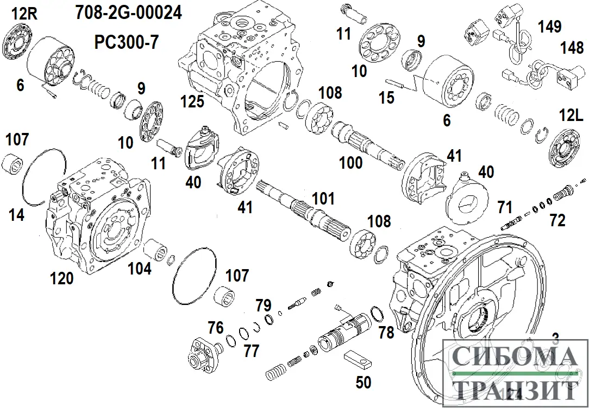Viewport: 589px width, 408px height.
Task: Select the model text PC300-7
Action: click(125, 42)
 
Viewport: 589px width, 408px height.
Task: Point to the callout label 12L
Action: click(571, 115)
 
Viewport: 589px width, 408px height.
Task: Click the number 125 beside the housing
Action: click(193, 101)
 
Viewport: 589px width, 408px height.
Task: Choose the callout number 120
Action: click(61, 279)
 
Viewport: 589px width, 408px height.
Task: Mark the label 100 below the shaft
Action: click(350, 162)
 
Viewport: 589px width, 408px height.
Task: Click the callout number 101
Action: click(324, 199)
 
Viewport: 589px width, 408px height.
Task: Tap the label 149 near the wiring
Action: click(550, 25)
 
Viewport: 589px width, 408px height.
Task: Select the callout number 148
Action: click(572, 49)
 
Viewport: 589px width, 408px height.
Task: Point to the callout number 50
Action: click(364, 382)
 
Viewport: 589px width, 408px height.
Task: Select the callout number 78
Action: click(386, 332)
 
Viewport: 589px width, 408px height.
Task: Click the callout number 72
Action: click(557, 220)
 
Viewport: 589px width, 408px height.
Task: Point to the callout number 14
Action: click(16, 215)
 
